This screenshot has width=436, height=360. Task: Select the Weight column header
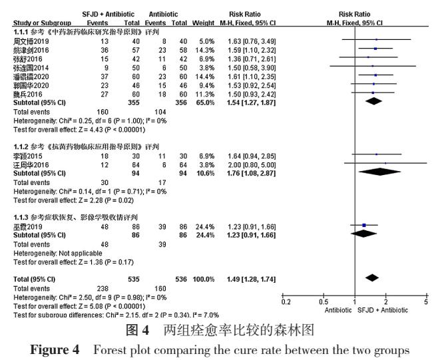(x=203, y=23)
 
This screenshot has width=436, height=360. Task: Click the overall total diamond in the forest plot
(x=371, y=277)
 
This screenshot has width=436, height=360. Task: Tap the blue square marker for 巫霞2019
(x=363, y=226)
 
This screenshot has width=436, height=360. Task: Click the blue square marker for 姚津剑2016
(x=375, y=50)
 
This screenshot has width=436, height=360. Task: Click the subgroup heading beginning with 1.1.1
(x=87, y=32)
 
